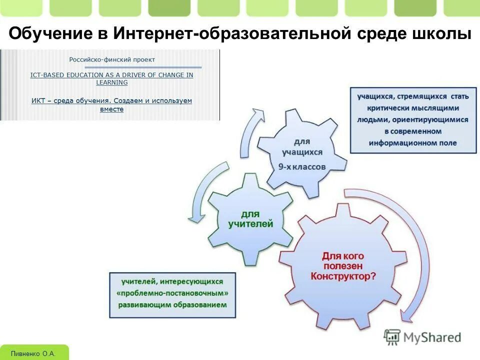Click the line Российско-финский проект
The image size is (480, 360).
pos(112,59)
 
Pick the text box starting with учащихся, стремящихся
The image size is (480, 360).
pos(412,119)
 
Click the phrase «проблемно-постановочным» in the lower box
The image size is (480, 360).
pos(172,293)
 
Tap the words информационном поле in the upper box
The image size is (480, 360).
pos(412,143)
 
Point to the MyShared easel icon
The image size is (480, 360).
pos(393,337)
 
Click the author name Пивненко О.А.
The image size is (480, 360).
pos(33,353)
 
